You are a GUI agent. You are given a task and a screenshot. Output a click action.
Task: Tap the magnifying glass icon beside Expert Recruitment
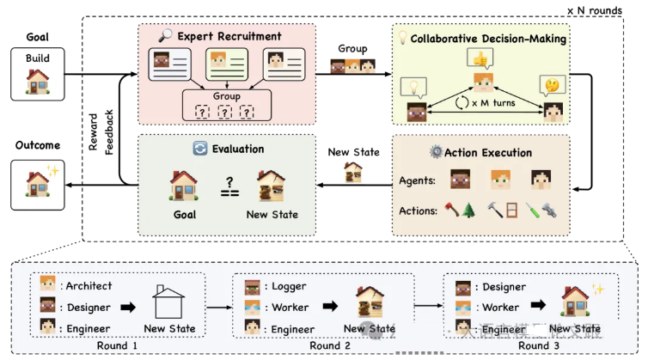pyautogui.click(x=165, y=36)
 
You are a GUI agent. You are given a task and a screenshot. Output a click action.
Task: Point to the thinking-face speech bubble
pyautogui.click(x=548, y=84)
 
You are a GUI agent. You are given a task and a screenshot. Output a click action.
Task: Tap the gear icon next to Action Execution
pyautogui.click(x=435, y=152)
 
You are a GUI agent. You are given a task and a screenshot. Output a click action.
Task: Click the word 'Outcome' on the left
pyautogui.click(x=37, y=144)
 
